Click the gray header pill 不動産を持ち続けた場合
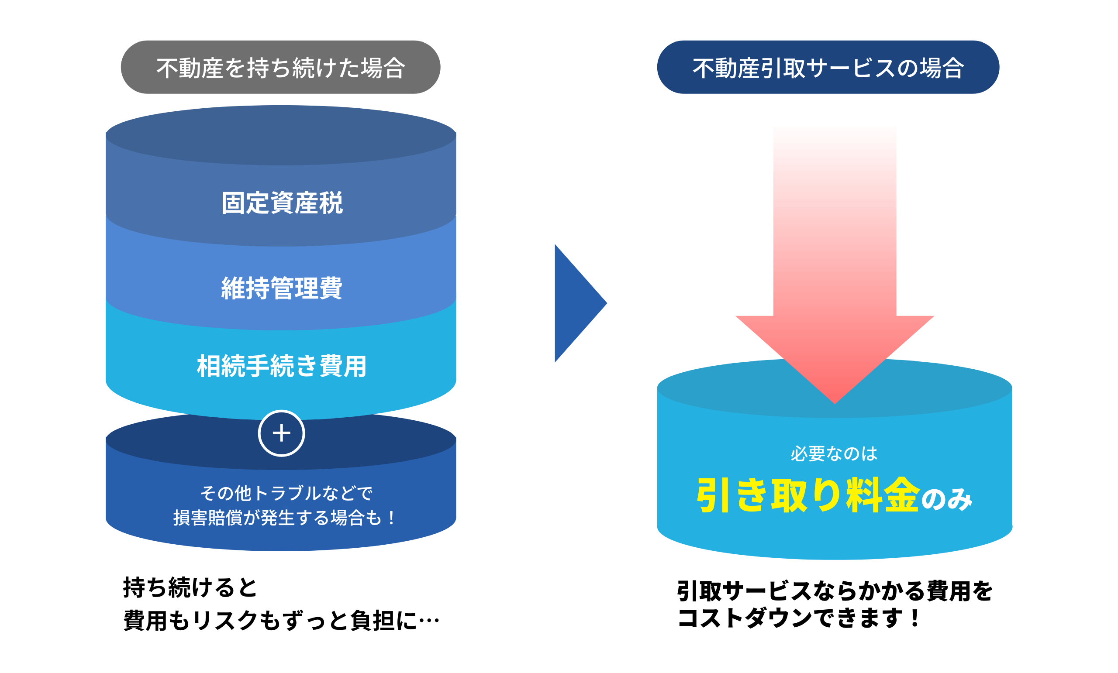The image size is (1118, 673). pos(280,68)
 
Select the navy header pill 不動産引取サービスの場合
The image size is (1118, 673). pos(828,68)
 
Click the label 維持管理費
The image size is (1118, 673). pos(282,288)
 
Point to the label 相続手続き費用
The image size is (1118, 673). pos(282,366)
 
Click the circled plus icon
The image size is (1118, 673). pos(281,433)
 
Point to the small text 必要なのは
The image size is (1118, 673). pos(834,453)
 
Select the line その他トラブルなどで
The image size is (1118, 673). pos(286,493)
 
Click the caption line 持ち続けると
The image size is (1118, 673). pos(190,588)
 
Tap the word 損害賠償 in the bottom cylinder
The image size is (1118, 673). pos(208,518)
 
